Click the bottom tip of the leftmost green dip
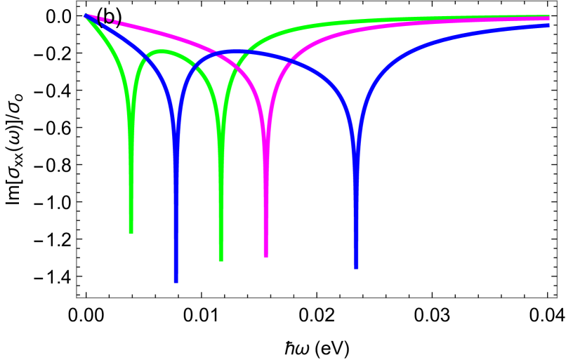point(131,232)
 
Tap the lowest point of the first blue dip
point(176,281)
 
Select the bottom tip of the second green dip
point(221,260)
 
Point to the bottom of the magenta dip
point(266,256)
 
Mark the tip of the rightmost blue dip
point(357,267)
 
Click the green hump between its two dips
point(162,51)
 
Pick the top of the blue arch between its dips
point(235,51)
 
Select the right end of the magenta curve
point(548,20)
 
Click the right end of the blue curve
point(548,25)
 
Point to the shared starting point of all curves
point(85,15)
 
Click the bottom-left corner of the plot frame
point(77,298)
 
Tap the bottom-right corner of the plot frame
point(556,298)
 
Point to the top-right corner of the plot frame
point(556,1)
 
